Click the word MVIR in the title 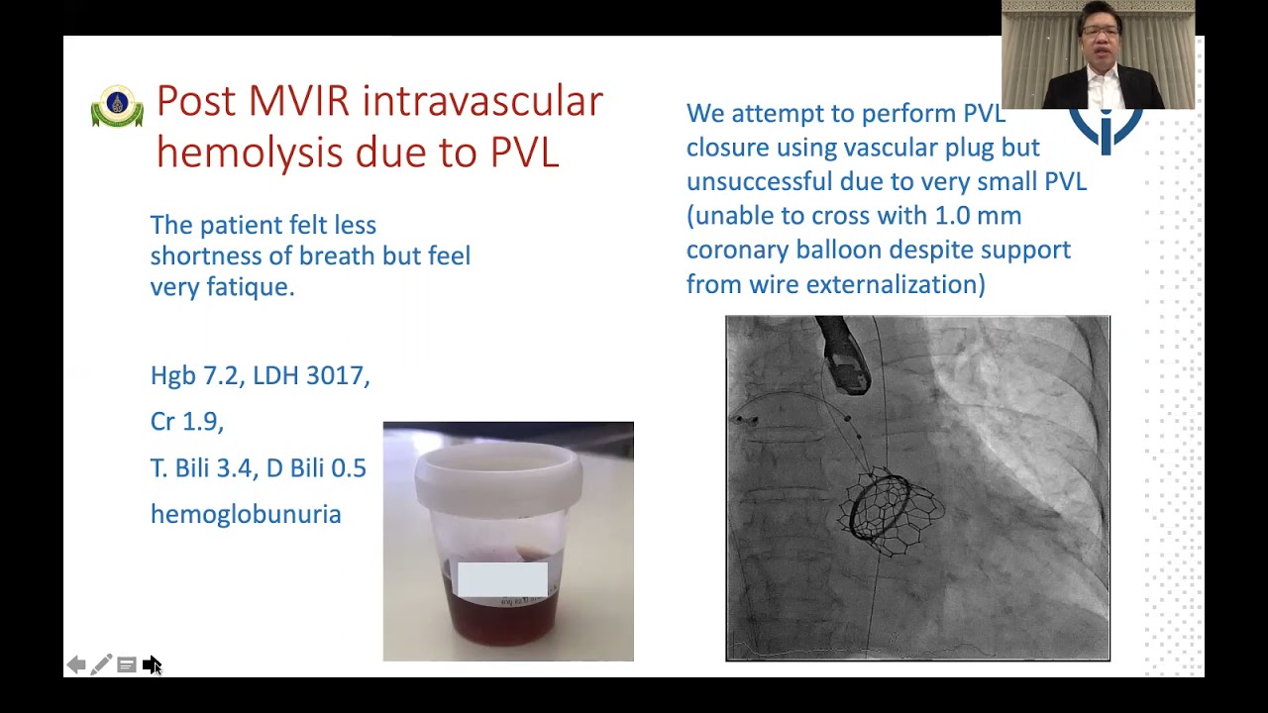click(x=298, y=101)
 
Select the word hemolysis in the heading click(x=250, y=153)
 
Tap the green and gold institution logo click(x=117, y=106)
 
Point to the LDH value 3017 click(x=338, y=375)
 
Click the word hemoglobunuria click(x=246, y=514)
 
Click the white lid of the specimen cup click(x=498, y=477)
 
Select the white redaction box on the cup click(x=502, y=579)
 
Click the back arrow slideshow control click(x=76, y=664)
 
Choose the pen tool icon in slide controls click(x=101, y=664)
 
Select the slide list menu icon click(x=126, y=664)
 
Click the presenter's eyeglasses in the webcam click(x=1100, y=32)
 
